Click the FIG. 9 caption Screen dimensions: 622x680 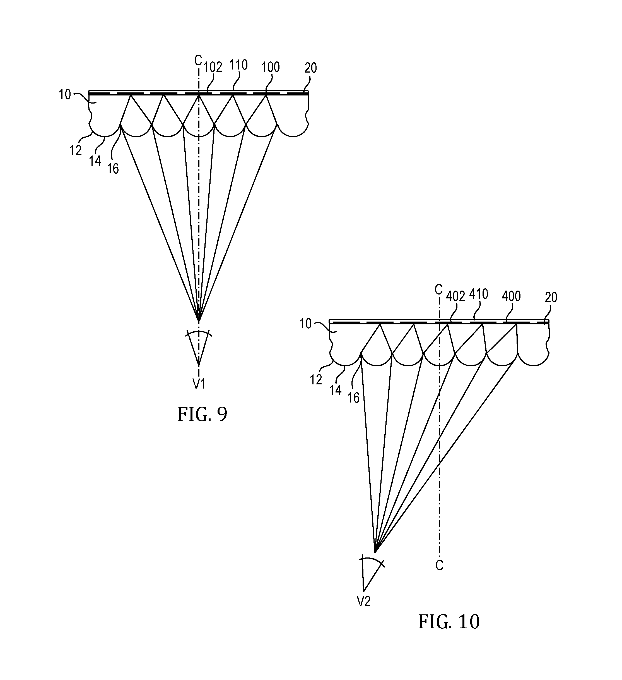tap(202, 414)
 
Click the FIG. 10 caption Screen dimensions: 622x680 tap(449, 621)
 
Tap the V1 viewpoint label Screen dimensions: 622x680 tap(199, 384)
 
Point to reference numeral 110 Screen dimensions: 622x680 tap(238, 65)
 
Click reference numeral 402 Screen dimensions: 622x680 tap(455, 296)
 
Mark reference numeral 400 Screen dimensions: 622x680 tap(512, 296)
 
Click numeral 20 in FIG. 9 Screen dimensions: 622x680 tap(311, 68)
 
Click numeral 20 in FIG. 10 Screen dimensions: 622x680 tap(551, 297)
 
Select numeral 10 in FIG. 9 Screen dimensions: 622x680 tap(65, 95)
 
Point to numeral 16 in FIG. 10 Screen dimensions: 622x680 tap(353, 398)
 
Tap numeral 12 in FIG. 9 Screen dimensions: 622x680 tap(76, 150)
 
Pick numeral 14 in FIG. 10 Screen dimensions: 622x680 tap(336, 390)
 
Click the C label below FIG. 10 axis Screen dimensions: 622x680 tap(439, 565)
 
